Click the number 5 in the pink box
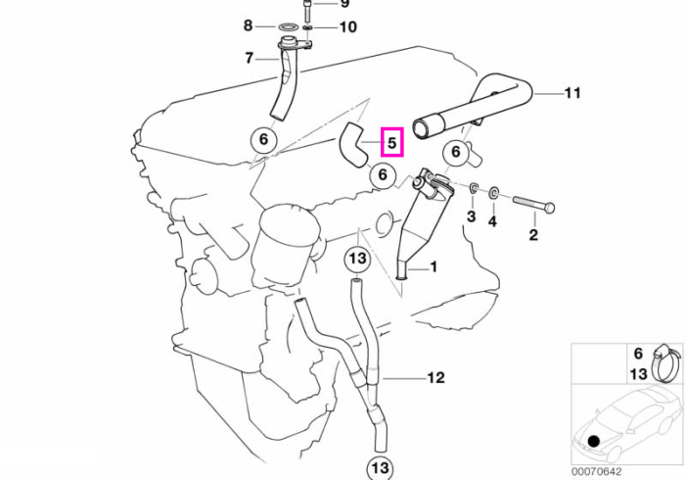pos(391,142)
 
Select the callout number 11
pos(572,93)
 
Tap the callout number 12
pos(435,378)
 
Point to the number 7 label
pos(249,58)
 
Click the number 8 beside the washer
pos(249,25)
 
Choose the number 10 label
pos(348,27)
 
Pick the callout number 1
pos(434,266)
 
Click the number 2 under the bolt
pos(533,235)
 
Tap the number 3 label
pos(472,216)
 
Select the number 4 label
pos(492,221)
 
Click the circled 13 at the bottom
pos(380,468)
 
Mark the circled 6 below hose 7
pos(263,139)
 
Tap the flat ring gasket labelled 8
pos(286,27)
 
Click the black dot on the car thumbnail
pos(593,441)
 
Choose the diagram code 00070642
pos(596,472)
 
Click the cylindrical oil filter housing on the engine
pos(286,247)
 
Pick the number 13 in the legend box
pos(638,374)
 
